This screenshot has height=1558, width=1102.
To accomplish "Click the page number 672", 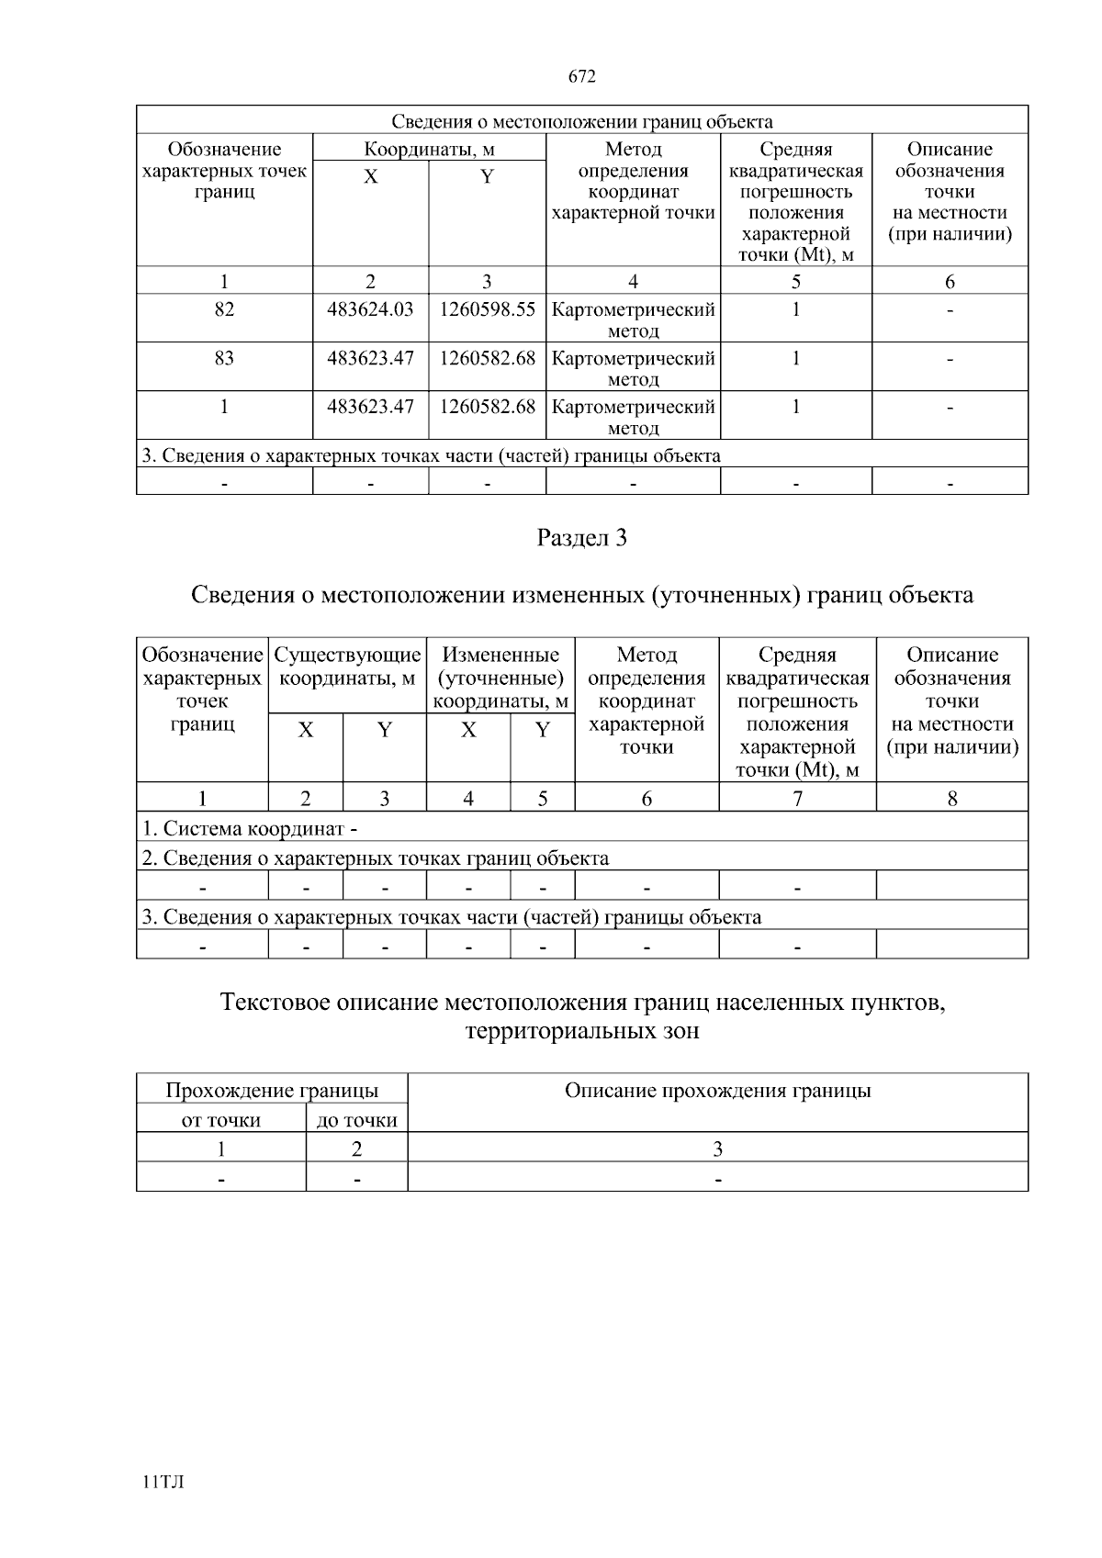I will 582,77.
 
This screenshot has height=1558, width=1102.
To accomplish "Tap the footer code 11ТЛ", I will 163,1482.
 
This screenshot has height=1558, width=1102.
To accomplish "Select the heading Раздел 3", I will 581,538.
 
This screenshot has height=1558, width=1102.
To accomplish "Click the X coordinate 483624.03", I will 370,309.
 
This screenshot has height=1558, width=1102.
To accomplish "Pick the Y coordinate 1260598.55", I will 487,309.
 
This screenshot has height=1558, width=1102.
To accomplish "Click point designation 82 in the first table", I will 224,309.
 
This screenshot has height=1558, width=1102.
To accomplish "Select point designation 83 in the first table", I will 224,358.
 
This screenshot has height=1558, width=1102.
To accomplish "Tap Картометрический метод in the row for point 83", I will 633,367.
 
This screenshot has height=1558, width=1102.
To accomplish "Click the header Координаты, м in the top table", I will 429,149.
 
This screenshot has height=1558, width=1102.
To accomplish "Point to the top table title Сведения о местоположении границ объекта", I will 582,121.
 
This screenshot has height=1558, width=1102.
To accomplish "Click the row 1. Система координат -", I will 250,828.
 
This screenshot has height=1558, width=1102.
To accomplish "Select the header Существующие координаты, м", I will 347,667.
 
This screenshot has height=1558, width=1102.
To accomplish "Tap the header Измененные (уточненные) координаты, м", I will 500,678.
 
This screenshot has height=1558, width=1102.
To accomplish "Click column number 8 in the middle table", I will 952,799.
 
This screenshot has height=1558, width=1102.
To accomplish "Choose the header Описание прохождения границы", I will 717,1091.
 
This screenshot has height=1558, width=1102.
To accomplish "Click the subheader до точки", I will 356,1120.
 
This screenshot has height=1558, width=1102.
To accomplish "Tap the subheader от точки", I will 221,1120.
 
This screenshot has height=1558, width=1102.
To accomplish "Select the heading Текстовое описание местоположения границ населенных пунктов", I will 582,1003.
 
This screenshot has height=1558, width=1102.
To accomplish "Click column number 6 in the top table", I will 950,282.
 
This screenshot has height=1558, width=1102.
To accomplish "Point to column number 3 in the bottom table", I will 717,1149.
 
